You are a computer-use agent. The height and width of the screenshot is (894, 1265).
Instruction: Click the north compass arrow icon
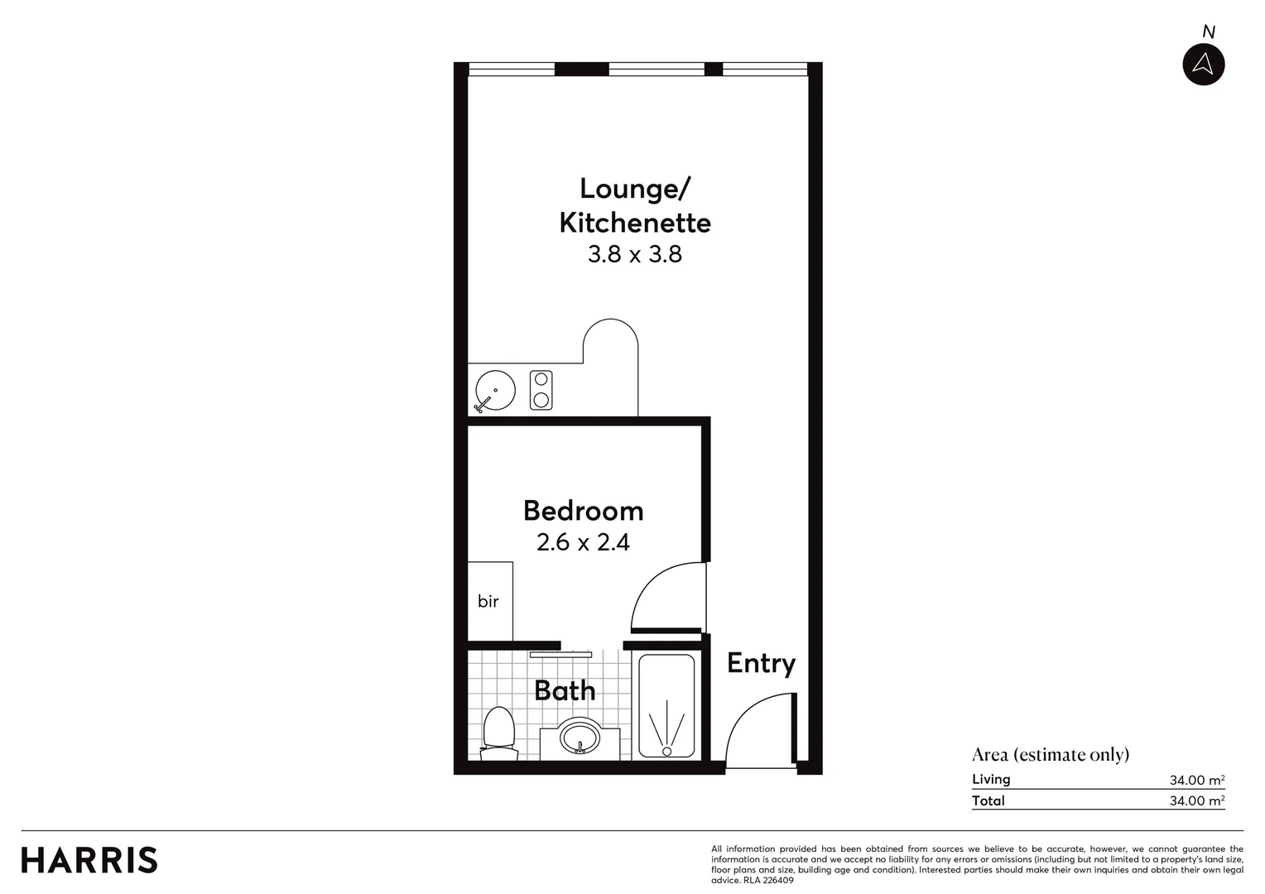[x=1203, y=65]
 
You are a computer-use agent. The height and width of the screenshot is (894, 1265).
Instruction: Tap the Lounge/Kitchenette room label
[x=635, y=205]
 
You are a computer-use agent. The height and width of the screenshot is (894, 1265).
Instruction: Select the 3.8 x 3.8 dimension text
[x=635, y=254]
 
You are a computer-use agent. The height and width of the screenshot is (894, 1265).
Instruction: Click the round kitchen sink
[x=495, y=390]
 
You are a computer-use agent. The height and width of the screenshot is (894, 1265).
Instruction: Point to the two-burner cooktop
[x=541, y=390]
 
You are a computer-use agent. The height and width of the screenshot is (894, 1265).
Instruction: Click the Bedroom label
[x=584, y=511]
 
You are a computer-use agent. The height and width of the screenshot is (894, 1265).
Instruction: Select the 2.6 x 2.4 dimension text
[x=584, y=543]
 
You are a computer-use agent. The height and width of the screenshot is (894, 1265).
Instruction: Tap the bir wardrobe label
[x=488, y=602]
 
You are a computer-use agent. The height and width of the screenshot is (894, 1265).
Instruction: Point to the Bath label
[x=565, y=690]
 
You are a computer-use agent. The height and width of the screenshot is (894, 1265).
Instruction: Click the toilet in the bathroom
[x=498, y=733]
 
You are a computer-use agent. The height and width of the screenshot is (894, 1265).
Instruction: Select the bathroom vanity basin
[x=580, y=737]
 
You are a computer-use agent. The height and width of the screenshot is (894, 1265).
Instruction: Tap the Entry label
[x=761, y=664]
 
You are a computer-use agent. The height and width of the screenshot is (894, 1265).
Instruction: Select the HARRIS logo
[x=89, y=860]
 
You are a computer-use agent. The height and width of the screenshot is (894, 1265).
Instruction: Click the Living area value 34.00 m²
[x=1196, y=780]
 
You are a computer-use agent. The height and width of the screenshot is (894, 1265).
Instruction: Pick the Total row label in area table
[x=988, y=800]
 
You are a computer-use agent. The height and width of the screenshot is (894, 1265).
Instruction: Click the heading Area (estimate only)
[x=1050, y=754]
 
